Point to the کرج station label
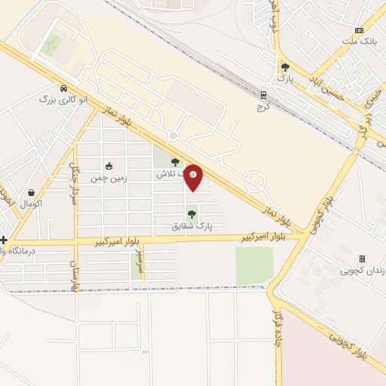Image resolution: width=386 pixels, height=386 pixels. point(263,107)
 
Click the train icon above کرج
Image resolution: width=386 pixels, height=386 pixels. point(263,96)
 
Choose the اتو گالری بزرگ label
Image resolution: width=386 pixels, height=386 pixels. point(63,99)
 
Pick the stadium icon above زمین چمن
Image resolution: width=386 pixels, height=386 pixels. point(109,167)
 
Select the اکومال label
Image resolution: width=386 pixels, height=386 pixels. point(31,204)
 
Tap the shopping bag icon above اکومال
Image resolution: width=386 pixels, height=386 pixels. point(31,193)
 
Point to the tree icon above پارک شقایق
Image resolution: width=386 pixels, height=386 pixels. point(191,214)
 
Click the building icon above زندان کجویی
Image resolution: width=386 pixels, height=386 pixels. point(362,259)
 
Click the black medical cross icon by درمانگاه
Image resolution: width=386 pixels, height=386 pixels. point(4,240)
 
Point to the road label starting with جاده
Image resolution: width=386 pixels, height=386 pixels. point(276,331)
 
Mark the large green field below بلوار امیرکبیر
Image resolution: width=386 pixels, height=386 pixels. point(254,265)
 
